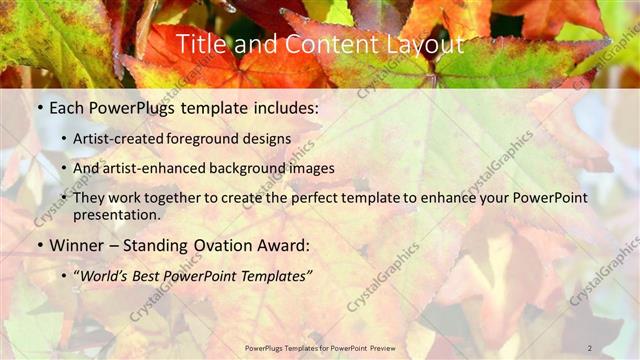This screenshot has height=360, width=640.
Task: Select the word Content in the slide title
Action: (x=314, y=44)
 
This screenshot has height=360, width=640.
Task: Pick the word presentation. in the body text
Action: (x=116, y=214)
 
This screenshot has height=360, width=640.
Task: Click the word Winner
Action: (x=76, y=244)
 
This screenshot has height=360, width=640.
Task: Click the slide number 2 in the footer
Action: (x=590, y=348)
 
